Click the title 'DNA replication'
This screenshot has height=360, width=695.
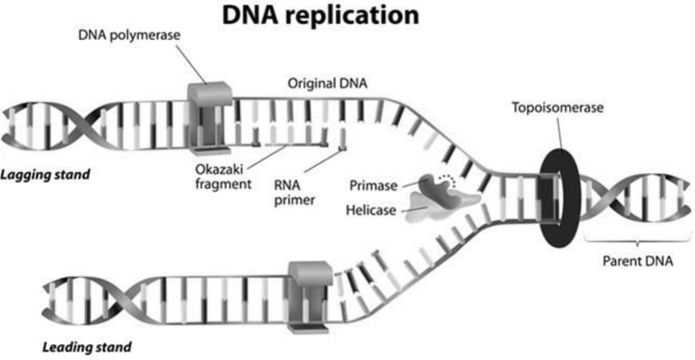tap(321, 16)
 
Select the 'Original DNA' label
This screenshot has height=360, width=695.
tap(328, 84)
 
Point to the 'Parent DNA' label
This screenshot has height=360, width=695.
tap(637, 261)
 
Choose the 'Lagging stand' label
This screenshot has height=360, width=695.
tap(45, 174)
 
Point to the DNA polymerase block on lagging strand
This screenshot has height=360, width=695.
tap(208, 117)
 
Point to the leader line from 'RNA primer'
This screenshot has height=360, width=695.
tap(322, 162)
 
